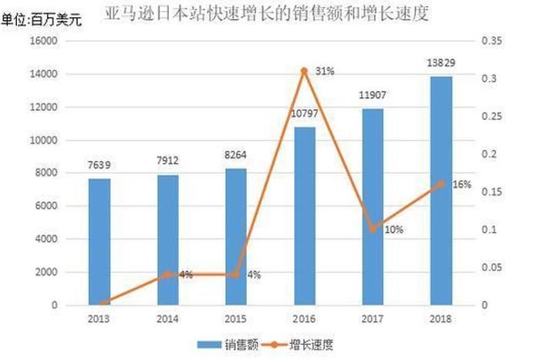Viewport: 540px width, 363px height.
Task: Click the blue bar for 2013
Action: tap(100, 242)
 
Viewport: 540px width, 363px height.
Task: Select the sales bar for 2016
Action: tap(304, 216)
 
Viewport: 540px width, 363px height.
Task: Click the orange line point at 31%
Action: tap(304, 71)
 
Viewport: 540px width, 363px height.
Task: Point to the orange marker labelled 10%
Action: tap(373, 229)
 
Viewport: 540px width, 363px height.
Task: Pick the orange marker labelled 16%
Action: tap(440, 184)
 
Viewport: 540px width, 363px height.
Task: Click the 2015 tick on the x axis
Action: tap(235, 318)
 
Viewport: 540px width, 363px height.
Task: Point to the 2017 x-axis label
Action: tap(373, 318)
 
